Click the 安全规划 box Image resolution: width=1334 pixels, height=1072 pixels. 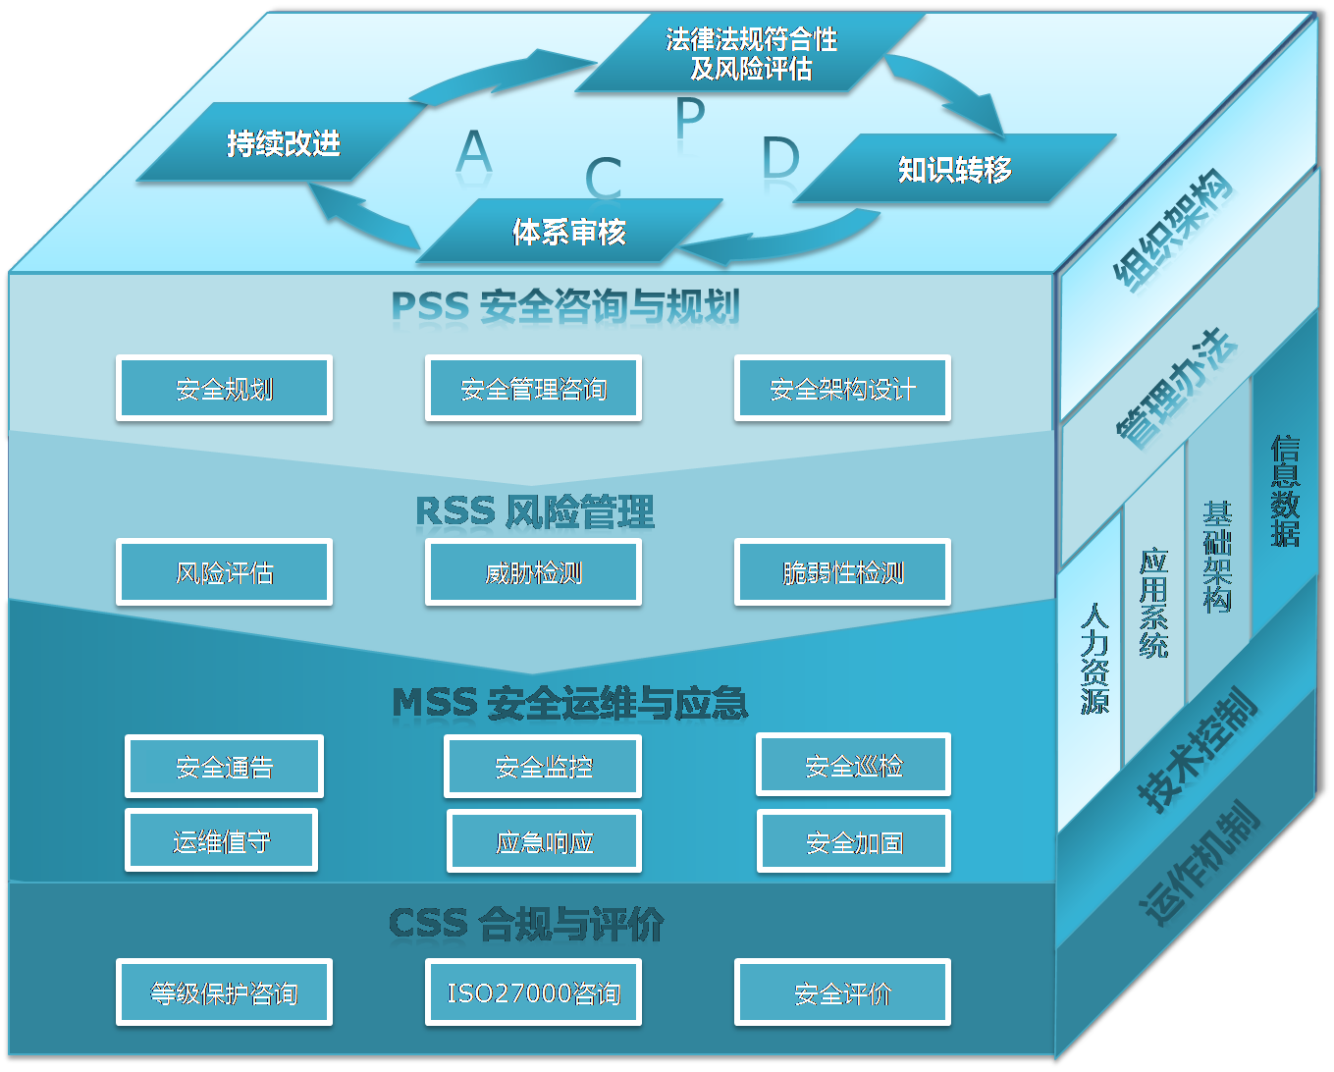224,389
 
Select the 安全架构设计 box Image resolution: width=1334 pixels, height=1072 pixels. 842,389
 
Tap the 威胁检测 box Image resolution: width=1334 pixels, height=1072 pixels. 533,571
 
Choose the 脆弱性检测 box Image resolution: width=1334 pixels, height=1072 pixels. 842,571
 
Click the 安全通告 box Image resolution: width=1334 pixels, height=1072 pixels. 224,767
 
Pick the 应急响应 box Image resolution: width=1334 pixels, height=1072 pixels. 544,841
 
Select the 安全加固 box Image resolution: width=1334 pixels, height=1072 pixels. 853,841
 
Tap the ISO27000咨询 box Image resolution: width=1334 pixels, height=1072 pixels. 533,992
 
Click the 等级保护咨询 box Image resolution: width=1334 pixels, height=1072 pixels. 224,992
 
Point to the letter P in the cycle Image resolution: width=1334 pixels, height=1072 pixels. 690,116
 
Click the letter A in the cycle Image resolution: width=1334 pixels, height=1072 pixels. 474,152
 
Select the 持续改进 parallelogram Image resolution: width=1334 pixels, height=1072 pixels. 283,143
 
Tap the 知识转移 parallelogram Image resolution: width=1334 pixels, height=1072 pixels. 954,169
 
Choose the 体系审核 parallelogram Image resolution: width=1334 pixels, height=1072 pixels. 569,232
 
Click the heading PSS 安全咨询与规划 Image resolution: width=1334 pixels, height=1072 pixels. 564,306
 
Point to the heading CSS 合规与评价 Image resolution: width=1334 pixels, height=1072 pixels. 526,924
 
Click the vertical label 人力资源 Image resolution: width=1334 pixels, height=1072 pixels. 1094,658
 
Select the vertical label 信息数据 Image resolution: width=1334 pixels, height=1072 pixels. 1284,491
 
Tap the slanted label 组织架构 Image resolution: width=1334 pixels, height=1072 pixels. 1172,231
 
